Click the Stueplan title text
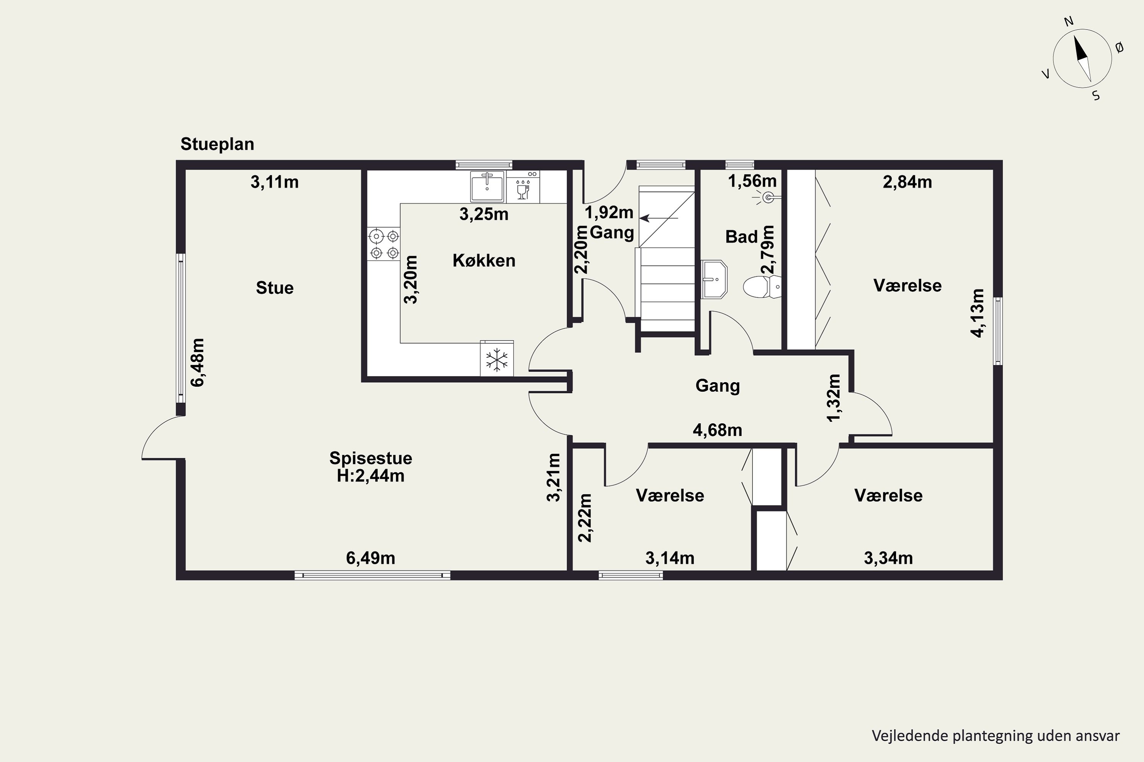click(217, 144)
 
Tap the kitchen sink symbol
click(487, 187)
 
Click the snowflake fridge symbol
click(496, 360)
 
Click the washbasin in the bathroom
click(714, 279)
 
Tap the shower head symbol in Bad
click(768, 197)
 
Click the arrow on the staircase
click(658, 219)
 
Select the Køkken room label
click(484, 261)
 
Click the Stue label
click(275, 288)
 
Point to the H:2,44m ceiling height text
click(371, 476)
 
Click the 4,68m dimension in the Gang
click(717, 430)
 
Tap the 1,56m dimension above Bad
click(752, 181)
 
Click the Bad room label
click(742, 237)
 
